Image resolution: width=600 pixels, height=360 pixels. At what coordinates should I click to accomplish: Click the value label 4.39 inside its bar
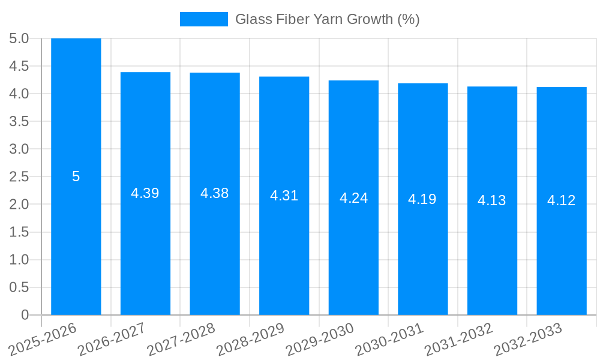(x=145, y=193)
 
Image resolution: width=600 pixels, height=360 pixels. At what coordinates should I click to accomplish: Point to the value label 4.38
(x=215, y=193)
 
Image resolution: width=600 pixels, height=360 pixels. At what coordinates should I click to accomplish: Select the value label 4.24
(x=353, y=198)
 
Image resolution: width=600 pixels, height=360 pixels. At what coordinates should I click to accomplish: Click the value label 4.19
(x=422, y=199)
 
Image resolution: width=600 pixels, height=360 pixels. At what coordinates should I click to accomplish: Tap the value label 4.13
(x=492, y=200)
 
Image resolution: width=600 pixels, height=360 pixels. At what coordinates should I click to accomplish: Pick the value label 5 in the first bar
(x=76, y=176)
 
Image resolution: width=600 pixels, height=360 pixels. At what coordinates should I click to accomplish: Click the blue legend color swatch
(x=204, y=19)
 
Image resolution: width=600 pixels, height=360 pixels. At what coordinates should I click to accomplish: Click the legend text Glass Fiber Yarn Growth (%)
(x=327, y=19)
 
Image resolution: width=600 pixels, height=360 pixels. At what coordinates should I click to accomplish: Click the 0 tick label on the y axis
(x=25, y=315)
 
